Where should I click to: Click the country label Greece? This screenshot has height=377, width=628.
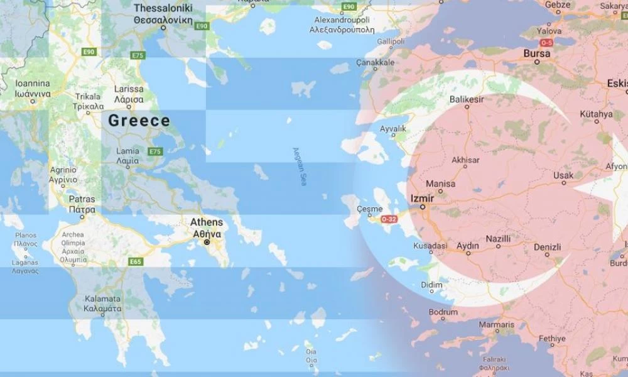139,121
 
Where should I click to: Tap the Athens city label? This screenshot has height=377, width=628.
207,222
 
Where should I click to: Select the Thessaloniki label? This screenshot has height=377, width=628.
163,8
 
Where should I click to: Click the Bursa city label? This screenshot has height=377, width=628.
537,53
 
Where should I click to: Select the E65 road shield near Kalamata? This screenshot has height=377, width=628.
136,262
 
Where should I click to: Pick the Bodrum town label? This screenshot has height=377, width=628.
443,312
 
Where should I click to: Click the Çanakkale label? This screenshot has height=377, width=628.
375,63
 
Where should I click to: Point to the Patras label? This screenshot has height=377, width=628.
82,199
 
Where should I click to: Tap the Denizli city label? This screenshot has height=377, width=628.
547,247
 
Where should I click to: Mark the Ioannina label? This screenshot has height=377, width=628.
33,83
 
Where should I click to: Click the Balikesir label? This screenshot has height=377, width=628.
467,99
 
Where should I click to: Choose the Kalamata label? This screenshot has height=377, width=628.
102,298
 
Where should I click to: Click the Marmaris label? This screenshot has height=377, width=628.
496,324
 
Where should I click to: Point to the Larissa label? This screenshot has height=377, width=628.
129,89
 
